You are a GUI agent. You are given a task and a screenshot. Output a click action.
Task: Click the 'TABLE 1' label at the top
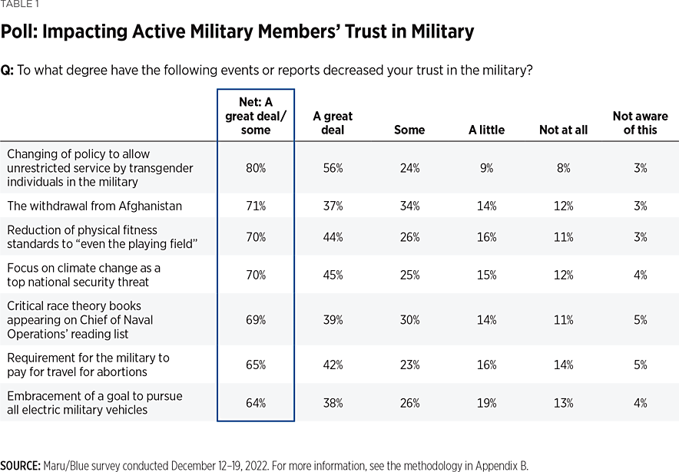tap(18, 4)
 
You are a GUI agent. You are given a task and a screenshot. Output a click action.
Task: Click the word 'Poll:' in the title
tap(21, 32)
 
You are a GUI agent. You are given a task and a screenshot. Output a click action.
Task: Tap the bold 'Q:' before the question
tap(8, 70)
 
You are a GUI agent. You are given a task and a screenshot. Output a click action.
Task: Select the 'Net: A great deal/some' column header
tap(256, 116)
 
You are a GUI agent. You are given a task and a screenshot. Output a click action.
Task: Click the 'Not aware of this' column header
tap(640, 123)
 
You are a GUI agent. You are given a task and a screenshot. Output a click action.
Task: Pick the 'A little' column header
tap(486, 130)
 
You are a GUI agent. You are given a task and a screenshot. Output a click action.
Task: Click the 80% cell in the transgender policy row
tap(256, 167)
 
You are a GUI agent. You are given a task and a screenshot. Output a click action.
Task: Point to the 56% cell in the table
tap(333, 167)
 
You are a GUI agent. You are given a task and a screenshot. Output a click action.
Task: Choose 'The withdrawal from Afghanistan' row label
tap(94, 206)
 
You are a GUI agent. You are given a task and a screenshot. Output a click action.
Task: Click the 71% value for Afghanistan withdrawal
tap(256, 206)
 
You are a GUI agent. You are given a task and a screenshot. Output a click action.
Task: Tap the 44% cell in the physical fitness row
tap(333, 237)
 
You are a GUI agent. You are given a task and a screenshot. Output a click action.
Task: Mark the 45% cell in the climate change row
tap(333, 275)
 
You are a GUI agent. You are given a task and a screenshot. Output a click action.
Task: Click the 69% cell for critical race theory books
tap(256, 319)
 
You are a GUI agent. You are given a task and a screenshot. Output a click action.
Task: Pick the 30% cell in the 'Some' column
tap(409, 319)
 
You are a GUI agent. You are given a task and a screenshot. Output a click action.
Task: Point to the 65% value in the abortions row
tap(256, 365)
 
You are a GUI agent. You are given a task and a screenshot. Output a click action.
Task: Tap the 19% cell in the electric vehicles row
tap(486, 403)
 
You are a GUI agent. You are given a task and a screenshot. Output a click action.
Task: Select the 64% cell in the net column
tap(256, 403)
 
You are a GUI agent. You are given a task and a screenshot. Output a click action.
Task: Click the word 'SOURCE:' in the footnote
tap(21, 465)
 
